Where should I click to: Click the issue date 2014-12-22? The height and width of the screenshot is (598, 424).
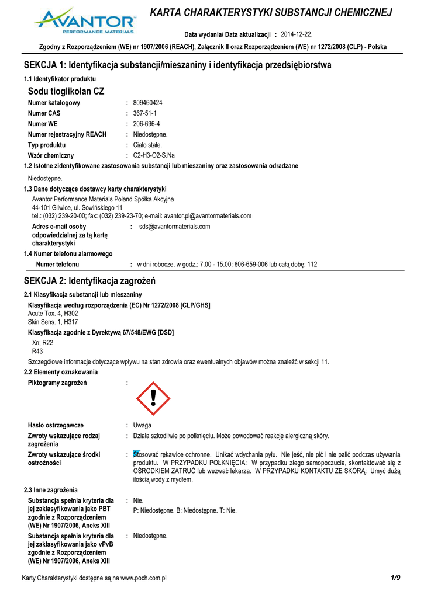(x=297, y=34)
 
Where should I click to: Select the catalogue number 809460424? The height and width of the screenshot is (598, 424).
(x=148, y=103)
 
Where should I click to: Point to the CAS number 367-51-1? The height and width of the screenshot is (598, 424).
(x=144, y=113)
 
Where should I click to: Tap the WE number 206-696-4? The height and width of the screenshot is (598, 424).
(x=146, y=124)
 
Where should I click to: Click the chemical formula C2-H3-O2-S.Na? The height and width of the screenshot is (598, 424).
(x=154, y=155)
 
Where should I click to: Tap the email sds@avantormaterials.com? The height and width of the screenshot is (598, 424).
(x=174, y=227)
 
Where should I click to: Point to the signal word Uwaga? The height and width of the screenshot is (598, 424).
(x=142, y=425)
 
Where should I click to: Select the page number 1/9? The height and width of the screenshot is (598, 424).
(x=395, y=578)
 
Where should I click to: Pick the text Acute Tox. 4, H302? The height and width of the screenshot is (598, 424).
(x=53, y=314)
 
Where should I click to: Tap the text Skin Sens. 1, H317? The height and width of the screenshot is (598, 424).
(x=53, y=322)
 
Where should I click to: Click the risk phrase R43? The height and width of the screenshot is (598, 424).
(x=37, y=352)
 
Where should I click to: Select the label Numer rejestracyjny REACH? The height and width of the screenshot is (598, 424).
(x=67, y=134)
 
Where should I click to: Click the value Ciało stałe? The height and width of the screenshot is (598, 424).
(x=148, y=145)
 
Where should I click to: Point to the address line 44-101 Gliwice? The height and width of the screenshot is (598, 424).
(x=77, y=207)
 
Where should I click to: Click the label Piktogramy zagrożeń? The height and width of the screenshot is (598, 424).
(x=57, y=383)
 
